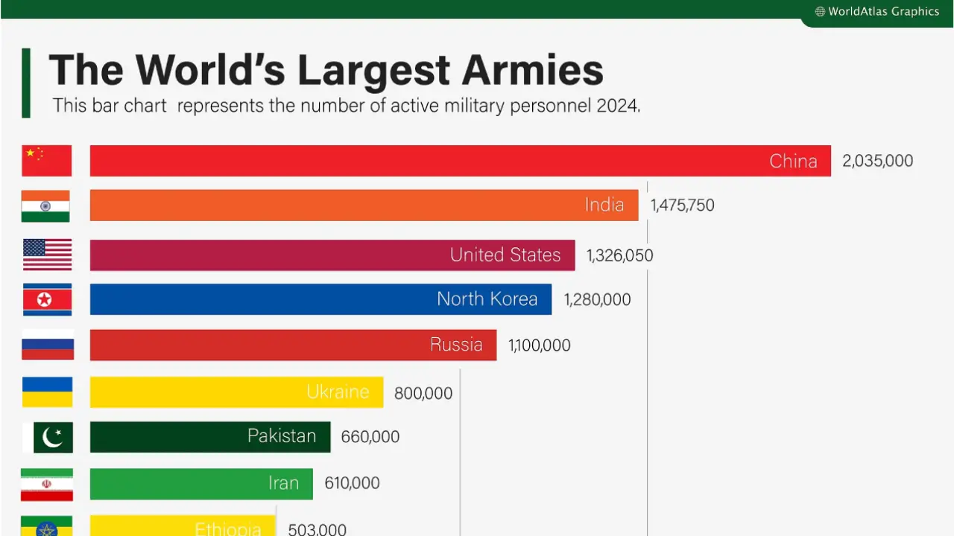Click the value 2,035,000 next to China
click(877, 161)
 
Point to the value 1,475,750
click(682, 205)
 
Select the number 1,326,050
click(619, 256)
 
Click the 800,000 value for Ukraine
click(423, 393)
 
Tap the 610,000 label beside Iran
click(352, 483)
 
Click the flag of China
click(47, 161)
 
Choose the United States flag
click(47, 255)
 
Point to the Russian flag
click(47, 345)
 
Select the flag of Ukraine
click(47, 392)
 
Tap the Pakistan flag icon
click(48, 438)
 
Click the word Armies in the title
click(532, 70)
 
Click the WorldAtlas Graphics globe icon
click(820, 12)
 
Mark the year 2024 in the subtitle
click(616, 106)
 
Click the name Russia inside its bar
click(456, 345)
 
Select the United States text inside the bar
click(505, 255)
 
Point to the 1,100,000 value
click(540, 345)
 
